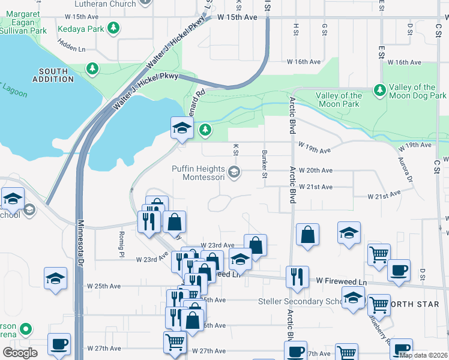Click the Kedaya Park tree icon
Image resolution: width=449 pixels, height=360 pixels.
tap(113, 28)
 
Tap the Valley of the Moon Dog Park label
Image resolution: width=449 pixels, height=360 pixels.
tap(417, 91)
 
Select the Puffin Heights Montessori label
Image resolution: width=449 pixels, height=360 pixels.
tap(199, 173)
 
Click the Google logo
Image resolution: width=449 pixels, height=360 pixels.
tap(20, 352)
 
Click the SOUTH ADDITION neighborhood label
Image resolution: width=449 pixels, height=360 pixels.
tap(53, 75)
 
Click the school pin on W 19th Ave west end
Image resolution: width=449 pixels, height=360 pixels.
tap(182, 128)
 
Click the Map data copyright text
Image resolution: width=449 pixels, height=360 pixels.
tap(423, 355)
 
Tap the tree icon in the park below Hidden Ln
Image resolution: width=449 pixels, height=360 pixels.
tap(92, 69)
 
